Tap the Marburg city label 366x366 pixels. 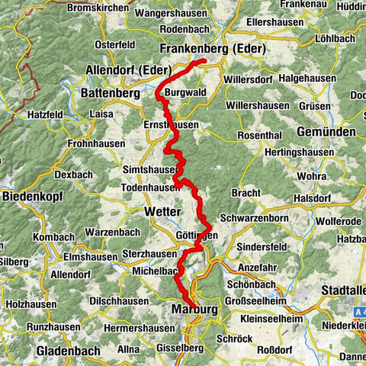pyautogui.click(x=191, y=310)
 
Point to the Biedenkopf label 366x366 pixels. pyautogui.click(x=32, y=196)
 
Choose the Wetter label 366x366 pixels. pyautogui.click(x=162, y=210)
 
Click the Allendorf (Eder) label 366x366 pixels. pyautogui.click(x=127, y=70)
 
